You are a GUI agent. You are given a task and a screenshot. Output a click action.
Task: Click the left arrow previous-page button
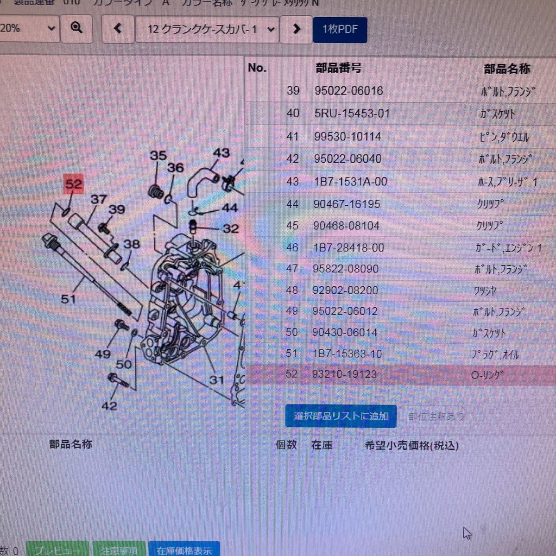pos(118,29)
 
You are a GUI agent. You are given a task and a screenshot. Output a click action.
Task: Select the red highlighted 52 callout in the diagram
pos(73,184)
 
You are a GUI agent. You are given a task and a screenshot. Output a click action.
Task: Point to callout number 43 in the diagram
pos(221,153)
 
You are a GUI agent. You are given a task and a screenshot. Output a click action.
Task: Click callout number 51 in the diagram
pos(68,299)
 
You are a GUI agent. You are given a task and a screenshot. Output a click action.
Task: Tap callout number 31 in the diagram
pos(216,380)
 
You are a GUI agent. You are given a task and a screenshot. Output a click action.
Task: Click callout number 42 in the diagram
pos(109,406)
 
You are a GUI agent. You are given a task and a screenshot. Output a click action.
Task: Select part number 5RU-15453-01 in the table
pos(352,114)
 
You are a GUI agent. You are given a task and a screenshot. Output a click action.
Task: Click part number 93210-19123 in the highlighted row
pos(345,374)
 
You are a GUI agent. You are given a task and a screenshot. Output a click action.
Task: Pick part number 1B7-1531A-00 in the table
pos(350,182)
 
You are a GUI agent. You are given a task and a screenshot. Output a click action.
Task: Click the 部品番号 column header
pos(338,69)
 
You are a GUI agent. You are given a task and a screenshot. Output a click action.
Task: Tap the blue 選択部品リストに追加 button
pos(341,416)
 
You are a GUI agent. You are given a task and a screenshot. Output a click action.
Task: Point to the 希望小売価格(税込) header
pos(411,446)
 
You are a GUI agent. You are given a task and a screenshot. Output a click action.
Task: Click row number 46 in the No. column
pos(292,248)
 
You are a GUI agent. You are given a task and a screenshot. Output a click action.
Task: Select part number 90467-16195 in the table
pos(347,204)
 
